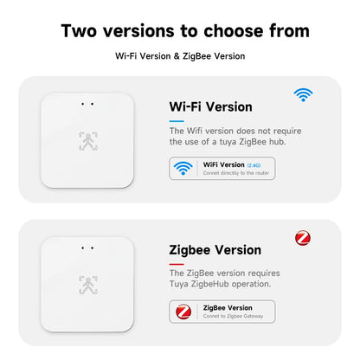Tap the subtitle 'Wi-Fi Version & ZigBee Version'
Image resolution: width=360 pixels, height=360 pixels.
(180, 56)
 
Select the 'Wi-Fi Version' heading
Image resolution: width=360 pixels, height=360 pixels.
(210, 107)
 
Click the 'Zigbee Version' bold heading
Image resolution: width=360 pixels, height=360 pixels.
(215, 250)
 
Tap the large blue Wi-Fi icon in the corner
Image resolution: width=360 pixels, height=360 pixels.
(302, 94)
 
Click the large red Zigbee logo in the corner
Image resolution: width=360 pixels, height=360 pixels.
(303, 237)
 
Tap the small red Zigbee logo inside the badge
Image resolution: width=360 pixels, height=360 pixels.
(183, 311)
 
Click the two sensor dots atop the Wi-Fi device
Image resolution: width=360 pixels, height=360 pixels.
(87, 105)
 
